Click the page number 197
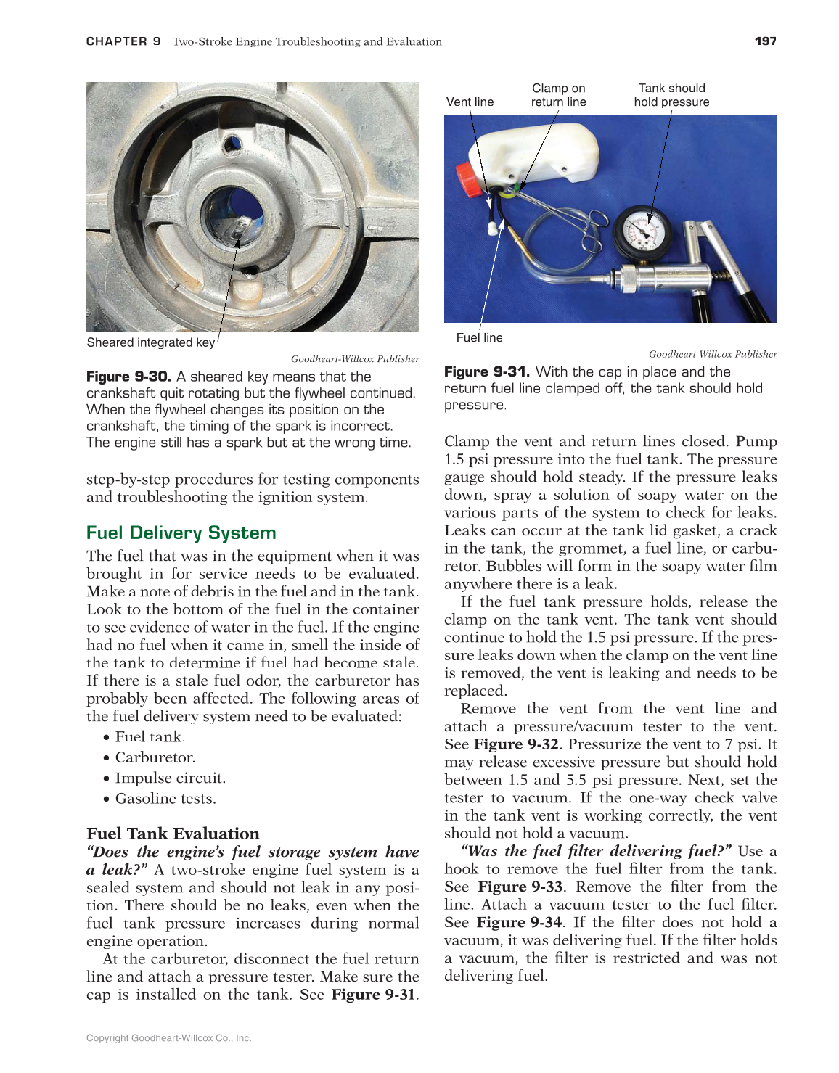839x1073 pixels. [765, 41]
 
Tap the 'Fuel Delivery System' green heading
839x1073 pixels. [181, 533]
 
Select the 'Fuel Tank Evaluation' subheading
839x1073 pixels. [173, 834]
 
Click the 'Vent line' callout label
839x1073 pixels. [470, 102]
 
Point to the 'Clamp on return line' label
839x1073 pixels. [558, 95]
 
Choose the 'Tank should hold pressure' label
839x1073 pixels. [671, 95]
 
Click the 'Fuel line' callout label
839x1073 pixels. [479, 337]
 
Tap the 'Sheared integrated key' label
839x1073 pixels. [150, 342]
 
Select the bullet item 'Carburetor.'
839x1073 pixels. [155, 757]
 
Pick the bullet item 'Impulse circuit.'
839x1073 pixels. [170, 778]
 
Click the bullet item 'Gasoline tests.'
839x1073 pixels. [165, 799]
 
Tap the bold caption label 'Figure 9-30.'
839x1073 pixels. [128, 377]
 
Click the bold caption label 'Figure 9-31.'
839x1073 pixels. [486, 372]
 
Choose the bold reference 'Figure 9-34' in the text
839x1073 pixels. [519, 922]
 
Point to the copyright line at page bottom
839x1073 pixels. [168, 1038]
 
